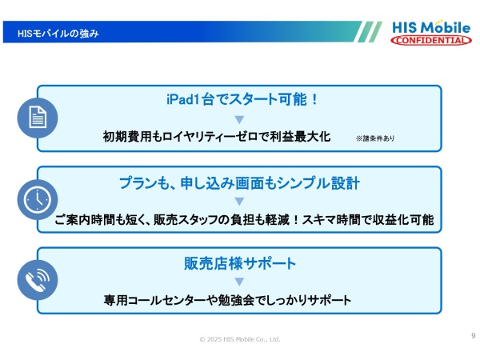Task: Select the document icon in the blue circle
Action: click(37, 118)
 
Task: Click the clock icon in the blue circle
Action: click(37, 200)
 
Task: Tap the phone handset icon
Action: click(37, 281)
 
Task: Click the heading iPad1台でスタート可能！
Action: click(239, 100)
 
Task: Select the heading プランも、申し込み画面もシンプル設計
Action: click(239, 182)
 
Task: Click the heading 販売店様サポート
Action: click(239, 263)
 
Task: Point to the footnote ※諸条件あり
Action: click(375, 138)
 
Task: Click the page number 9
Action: click(473, 335)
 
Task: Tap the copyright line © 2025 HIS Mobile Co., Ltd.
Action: click(239, 339)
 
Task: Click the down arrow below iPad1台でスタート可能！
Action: click(239, 119)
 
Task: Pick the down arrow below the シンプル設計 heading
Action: click(239, 201)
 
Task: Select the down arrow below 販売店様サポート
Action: click(239, 282)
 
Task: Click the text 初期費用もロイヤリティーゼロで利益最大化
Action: click(216, 137)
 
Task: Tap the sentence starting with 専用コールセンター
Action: click(227, 300)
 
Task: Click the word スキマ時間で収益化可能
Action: click(378, 219)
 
